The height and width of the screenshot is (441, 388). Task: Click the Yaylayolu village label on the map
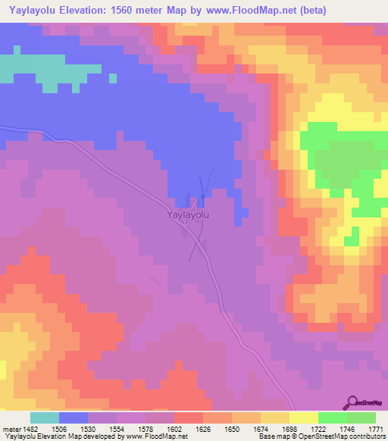(x=188, y=214)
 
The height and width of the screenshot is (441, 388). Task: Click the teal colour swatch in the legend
(x=45, y=418)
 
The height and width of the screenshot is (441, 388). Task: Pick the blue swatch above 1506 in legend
(x=74, y=418)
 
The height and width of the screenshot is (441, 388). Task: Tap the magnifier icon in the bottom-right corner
(x=352, y=402)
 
